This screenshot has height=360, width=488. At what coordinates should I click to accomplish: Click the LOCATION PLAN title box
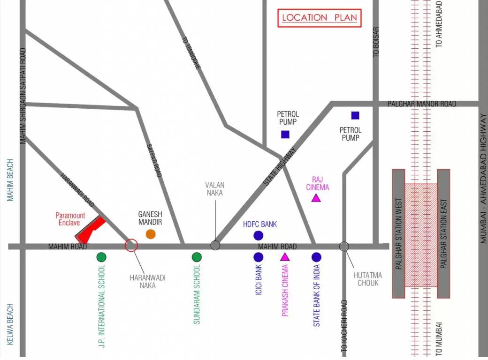click(x=319, y=18)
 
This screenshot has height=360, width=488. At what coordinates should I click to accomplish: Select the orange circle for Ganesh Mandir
click(x=151, y=234)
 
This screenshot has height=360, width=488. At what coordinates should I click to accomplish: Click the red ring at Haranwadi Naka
click(x=131, y=245)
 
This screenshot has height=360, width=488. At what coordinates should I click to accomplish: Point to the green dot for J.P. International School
click(x=101, y=257)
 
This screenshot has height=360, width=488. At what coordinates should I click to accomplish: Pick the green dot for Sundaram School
click(x=197, y=257)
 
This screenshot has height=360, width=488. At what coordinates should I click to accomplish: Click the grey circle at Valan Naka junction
click(x=215, y=245)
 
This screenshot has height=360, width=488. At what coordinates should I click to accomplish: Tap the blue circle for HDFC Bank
click(x=258, y=235)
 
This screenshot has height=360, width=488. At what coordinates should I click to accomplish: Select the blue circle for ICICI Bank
click(x=258, y=257)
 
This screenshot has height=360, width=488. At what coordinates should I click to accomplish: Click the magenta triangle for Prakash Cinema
click(x=285, y=257)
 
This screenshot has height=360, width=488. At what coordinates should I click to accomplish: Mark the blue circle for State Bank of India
click(x=316, y=257)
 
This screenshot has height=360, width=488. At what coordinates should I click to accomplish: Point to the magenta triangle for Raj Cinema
click(x=316, y=198)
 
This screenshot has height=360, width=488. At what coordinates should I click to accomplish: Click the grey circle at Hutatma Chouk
click(x=344, y=246)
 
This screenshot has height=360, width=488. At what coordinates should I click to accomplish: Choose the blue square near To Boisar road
click(x=355, y=115)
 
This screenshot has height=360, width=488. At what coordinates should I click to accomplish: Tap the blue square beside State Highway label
click(x=285, y=135)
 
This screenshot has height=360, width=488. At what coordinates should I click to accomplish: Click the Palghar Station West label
click(x=398, y=233)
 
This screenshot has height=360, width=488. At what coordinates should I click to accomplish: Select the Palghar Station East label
click(x=443, y=233)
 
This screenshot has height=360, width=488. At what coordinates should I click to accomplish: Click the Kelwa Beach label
click(x=10, y=324)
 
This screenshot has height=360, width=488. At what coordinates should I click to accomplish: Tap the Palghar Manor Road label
click(x=422, y=104)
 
